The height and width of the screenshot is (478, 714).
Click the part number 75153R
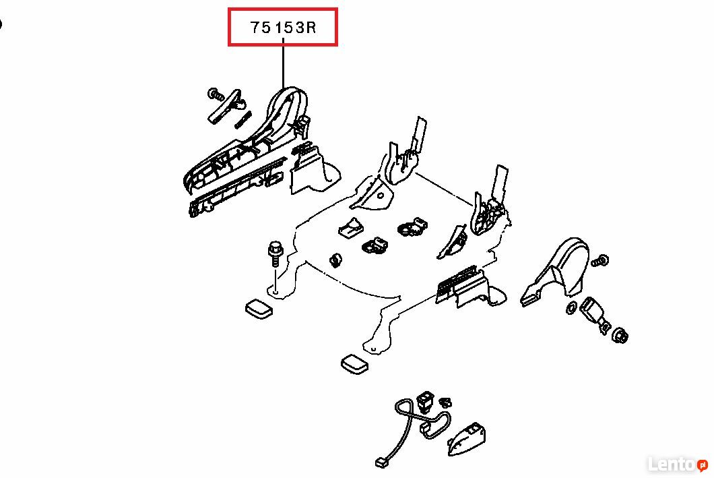(283, 28)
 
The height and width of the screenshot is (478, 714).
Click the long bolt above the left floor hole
(275, 253)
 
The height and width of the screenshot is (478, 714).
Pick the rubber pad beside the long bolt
(259, 309)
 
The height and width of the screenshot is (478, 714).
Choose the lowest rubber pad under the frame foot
(355, 364)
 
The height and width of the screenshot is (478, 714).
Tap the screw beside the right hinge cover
(600, 261)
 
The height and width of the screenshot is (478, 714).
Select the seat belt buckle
(593, 313)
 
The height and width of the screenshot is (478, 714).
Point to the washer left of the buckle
(571, 307)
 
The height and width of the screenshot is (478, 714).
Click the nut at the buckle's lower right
(620, 336)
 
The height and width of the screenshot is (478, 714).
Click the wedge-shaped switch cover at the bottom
(466, 439)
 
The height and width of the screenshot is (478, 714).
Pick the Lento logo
(678, 464)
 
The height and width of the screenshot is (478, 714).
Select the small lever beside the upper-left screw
(226, 106)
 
